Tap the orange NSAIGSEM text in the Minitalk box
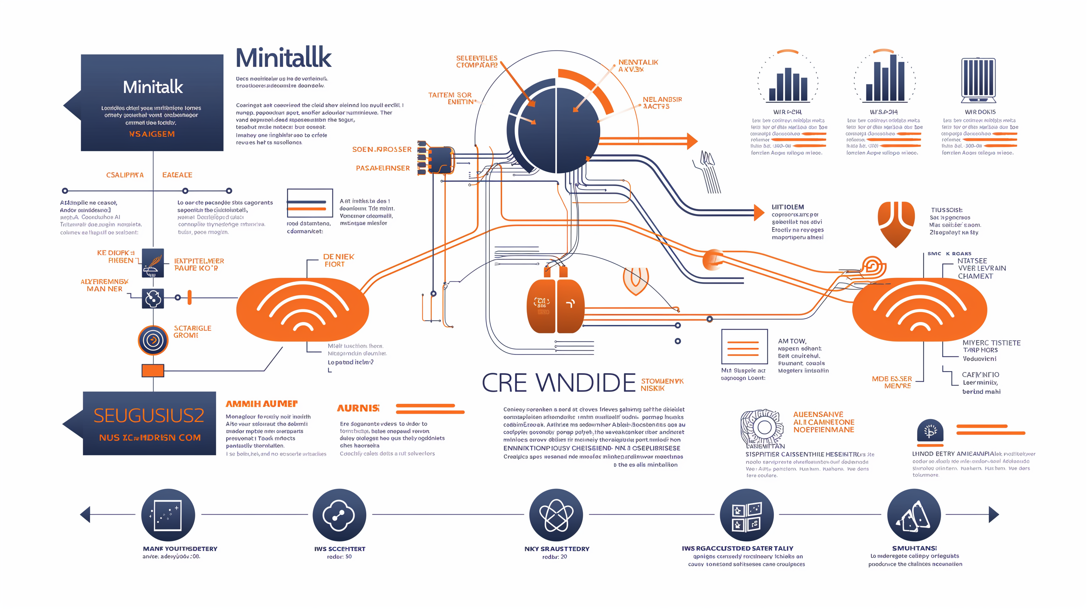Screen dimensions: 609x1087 click(x=152, y=134)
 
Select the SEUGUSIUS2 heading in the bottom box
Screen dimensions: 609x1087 click(x=149, y=415)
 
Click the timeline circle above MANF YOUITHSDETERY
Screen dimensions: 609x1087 click(x=168, y=515)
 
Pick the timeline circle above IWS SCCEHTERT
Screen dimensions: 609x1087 click(x=339, y=515)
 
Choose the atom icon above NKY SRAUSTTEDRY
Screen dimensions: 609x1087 click(x=556, y=515)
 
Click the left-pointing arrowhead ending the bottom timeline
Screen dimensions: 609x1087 click(x=85, y=515)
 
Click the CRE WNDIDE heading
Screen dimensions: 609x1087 click(x=558, y=382)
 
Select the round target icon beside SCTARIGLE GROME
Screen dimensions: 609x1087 click(x=153, y=340)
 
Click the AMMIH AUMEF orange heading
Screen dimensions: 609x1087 click(x=262, y=404)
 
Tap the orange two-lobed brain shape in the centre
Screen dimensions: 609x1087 click(x=555, y=306)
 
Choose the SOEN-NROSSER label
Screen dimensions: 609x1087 click(x=381, y=149)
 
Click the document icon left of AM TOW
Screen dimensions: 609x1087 click(x=744, y=347)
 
